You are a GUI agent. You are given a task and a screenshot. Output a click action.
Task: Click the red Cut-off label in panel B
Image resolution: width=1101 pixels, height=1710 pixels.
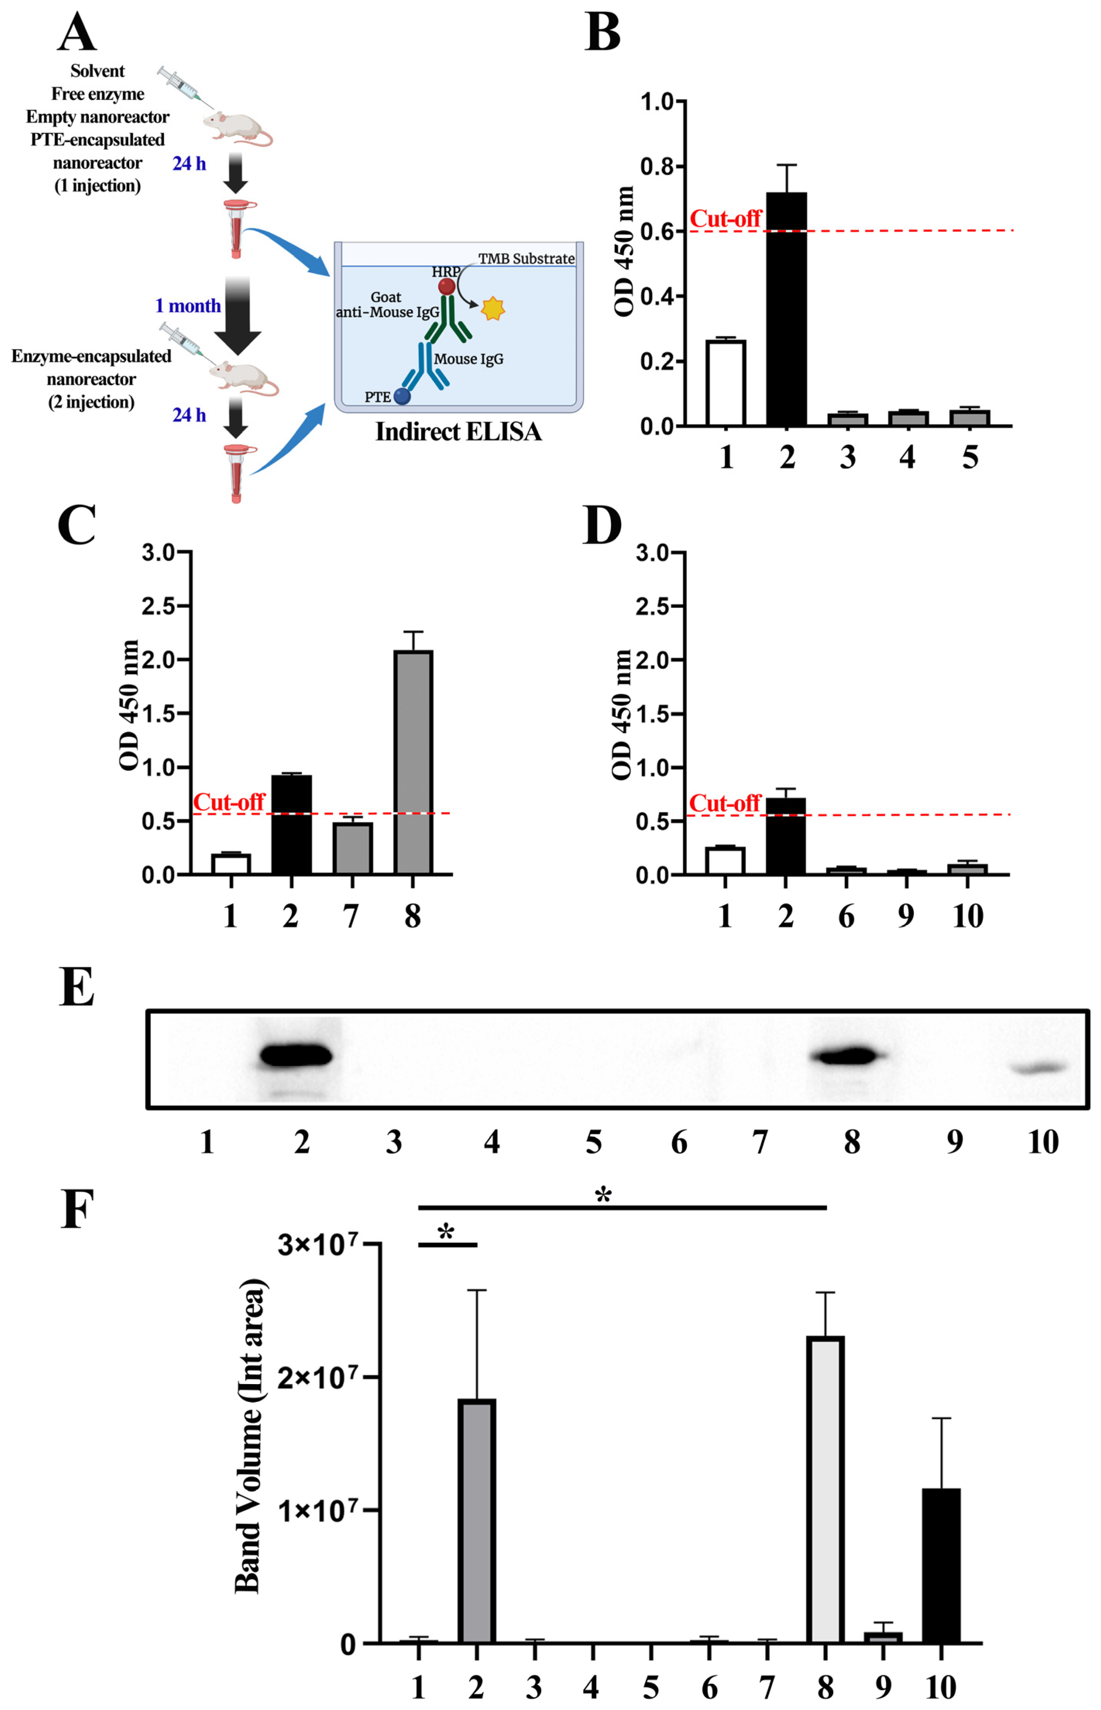point(725,219)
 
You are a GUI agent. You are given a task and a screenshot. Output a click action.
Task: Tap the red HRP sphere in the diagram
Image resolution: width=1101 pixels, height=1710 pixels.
point(447,287)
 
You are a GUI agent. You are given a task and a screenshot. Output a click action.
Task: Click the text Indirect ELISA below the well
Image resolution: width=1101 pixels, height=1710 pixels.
point(458,432)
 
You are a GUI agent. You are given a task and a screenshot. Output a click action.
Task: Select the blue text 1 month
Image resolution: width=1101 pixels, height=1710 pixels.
point(188,306)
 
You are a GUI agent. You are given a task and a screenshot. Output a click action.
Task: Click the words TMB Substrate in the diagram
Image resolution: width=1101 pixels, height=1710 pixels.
point(526,259)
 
